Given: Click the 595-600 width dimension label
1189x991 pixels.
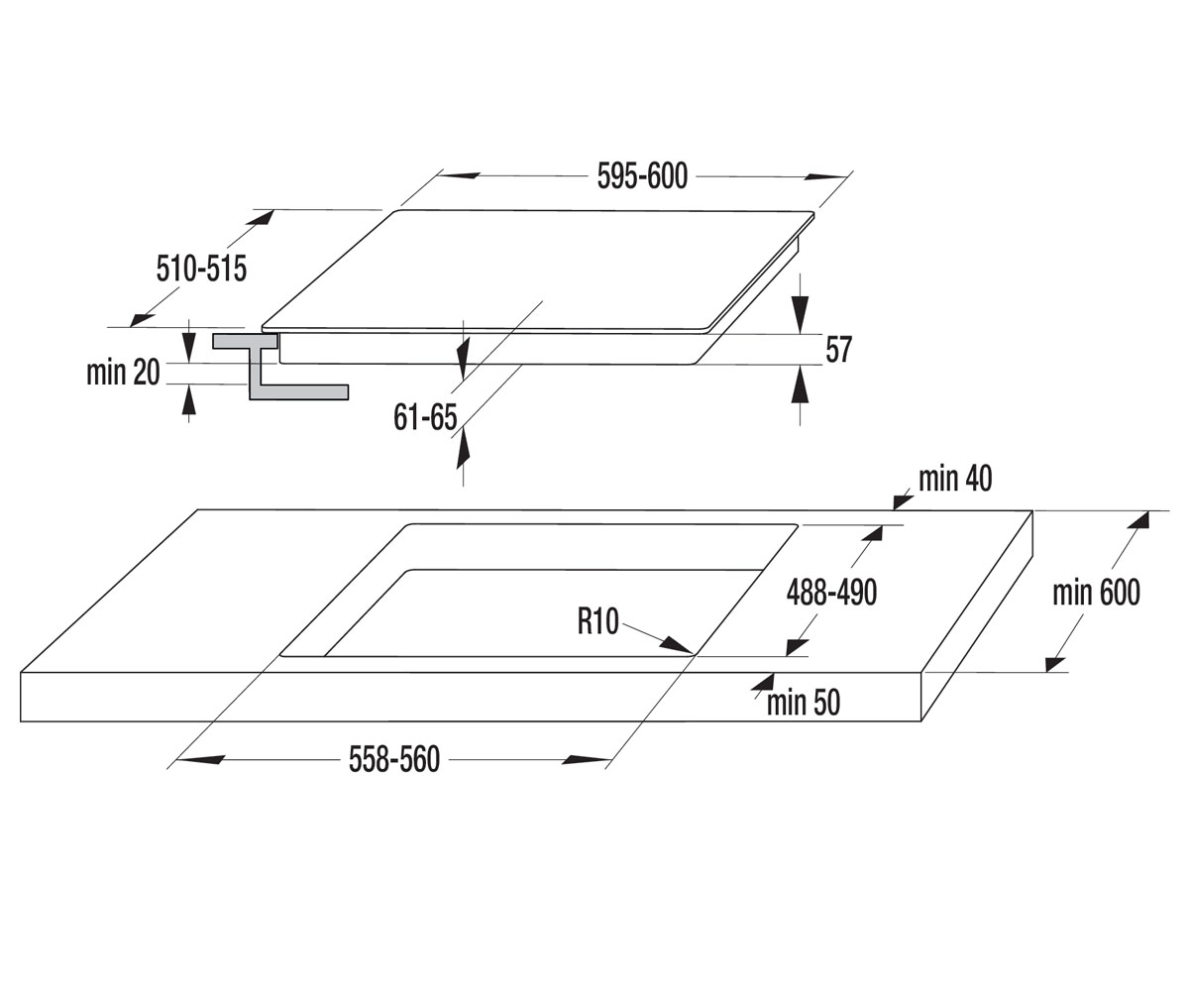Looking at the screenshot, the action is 642,176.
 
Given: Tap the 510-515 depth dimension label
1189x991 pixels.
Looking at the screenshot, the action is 201,269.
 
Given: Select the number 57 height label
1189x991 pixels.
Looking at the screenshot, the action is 838,350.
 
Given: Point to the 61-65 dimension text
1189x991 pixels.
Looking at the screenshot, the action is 425,417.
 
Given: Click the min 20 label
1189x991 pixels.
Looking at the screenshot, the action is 123,373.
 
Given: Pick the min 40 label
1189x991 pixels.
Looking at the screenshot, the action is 955,479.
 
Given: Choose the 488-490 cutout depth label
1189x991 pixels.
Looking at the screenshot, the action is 831,593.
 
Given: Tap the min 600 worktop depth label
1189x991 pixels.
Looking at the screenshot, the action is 1096,593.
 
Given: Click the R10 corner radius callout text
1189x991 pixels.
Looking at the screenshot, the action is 597,621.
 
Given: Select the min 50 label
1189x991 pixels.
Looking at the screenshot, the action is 804,703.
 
